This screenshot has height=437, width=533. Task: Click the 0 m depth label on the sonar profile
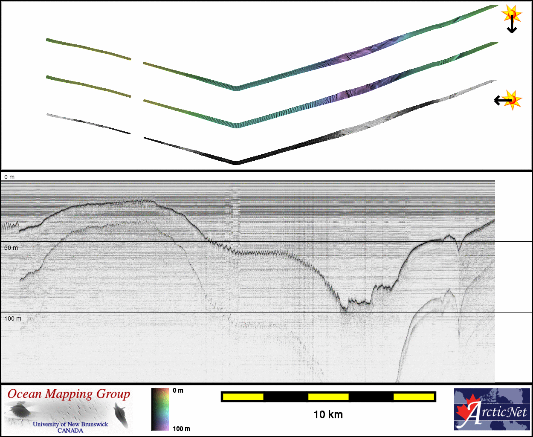[9, 177]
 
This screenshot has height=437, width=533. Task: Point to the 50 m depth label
[11, 248]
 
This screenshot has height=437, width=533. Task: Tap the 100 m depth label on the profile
[13, 318]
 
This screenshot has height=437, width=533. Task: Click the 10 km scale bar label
[328, 415]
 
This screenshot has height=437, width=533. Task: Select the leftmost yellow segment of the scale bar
[243, 396]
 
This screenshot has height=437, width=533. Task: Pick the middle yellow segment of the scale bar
[328, 396]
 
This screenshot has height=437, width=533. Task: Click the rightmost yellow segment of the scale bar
[414, 396]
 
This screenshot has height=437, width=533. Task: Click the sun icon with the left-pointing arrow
[512, 100]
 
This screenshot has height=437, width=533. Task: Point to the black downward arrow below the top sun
[512, 24]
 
